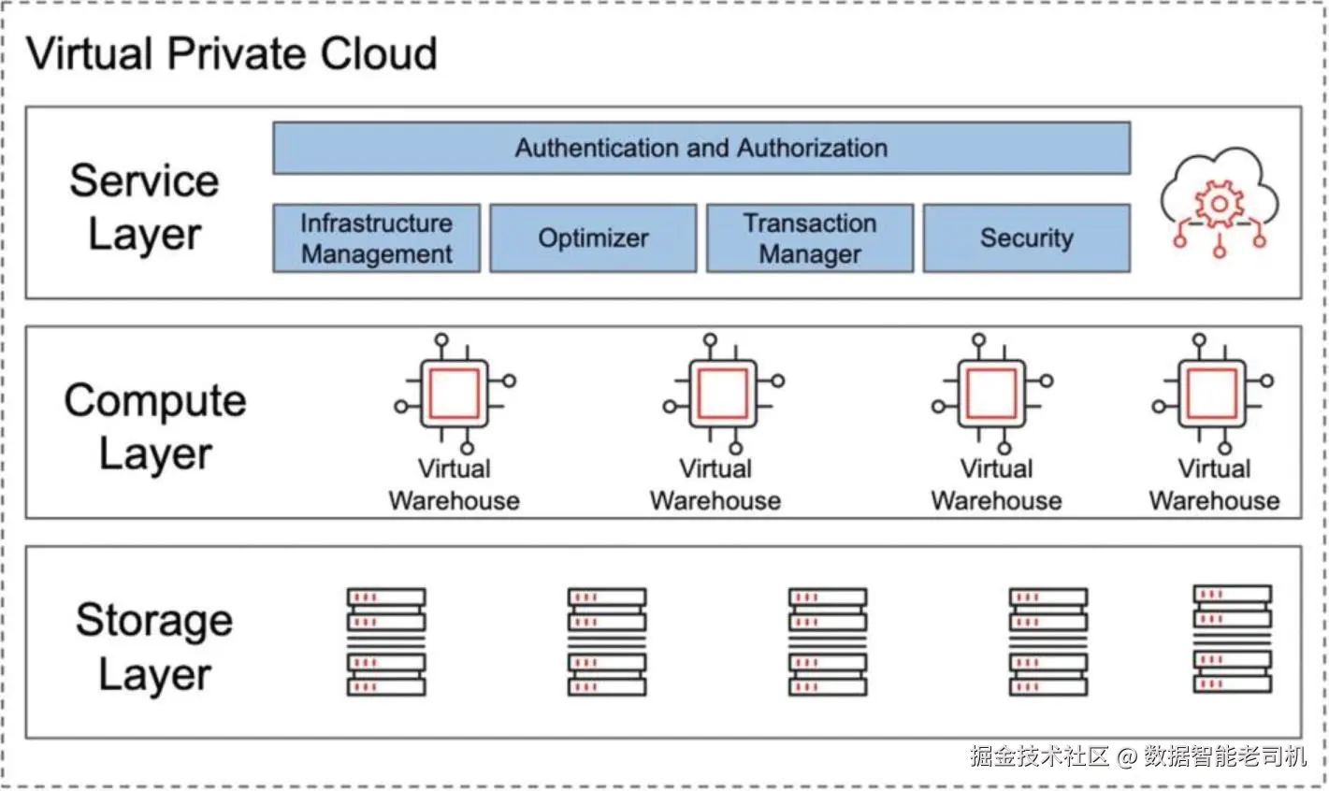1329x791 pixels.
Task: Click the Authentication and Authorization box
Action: coord(701,149)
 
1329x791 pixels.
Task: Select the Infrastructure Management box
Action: coord(377,238)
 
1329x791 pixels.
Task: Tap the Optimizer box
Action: coord(593,238)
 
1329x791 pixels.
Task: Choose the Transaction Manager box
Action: coord(810,238)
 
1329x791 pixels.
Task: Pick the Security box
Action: coord(1027,238)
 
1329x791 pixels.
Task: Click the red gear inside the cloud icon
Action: coord(1220,204)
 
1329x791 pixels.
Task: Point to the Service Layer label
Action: coord(144,207)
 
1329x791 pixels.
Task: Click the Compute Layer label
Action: coord(155,426)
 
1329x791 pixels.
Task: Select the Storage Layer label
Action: coord(154,646)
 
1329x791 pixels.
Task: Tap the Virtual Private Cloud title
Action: coord(232,53)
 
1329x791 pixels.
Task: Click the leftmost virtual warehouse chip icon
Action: coord(455,394)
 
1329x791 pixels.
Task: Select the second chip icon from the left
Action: coord(724,394)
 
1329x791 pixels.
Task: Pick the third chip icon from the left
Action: coord(992,394)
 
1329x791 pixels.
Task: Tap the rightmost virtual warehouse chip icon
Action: coord(1213,394)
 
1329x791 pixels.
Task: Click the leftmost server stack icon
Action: coord(386,641)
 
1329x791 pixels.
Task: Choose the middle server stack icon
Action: coord(828,641)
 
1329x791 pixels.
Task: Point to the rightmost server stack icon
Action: coord(1233,639)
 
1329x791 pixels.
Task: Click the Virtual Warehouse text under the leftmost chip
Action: coord(455,485)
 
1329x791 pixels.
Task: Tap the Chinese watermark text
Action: coord(1138,756)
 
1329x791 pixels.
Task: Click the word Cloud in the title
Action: coord(379,53)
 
